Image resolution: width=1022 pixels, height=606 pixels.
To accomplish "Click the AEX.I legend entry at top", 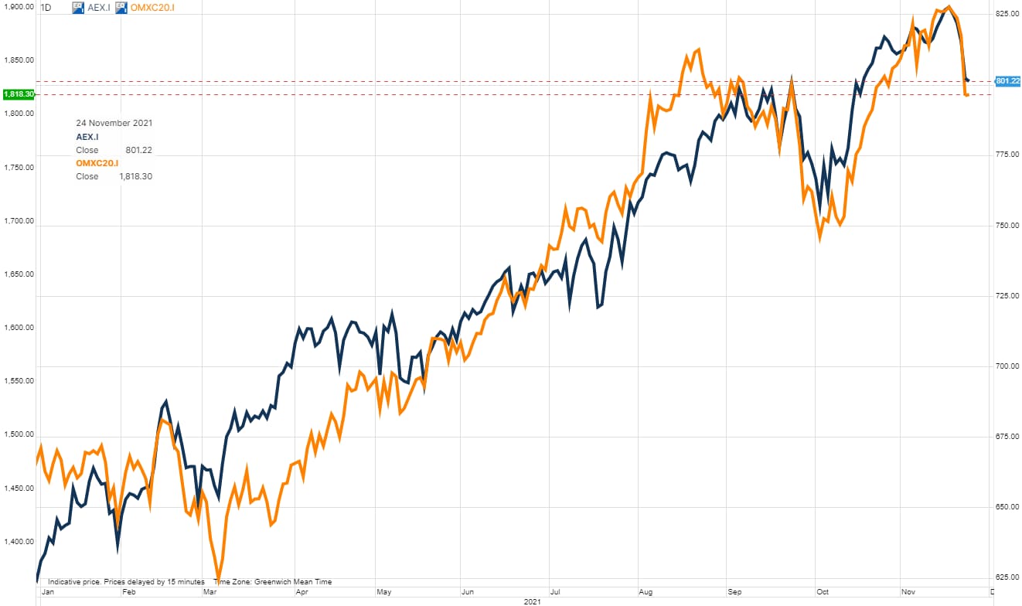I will pos(98,8).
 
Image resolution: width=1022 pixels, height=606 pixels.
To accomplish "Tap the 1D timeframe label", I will pos(46,8).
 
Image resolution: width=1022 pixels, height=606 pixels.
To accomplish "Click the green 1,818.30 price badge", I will pos(18,94).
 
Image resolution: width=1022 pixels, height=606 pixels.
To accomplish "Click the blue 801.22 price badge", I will pos(1007,81).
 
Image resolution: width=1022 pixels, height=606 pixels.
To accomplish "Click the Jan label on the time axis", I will pos(48,592).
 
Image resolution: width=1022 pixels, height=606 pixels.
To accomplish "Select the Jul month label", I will pos(554,592).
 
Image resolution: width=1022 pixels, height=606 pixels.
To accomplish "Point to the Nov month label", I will pos(908,592).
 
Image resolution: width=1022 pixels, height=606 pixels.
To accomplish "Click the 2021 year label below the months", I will pos(531,601).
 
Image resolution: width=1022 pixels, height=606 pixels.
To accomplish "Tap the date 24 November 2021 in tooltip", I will pos(114,123).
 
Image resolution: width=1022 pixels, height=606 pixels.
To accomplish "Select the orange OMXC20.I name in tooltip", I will pos(97,163).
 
